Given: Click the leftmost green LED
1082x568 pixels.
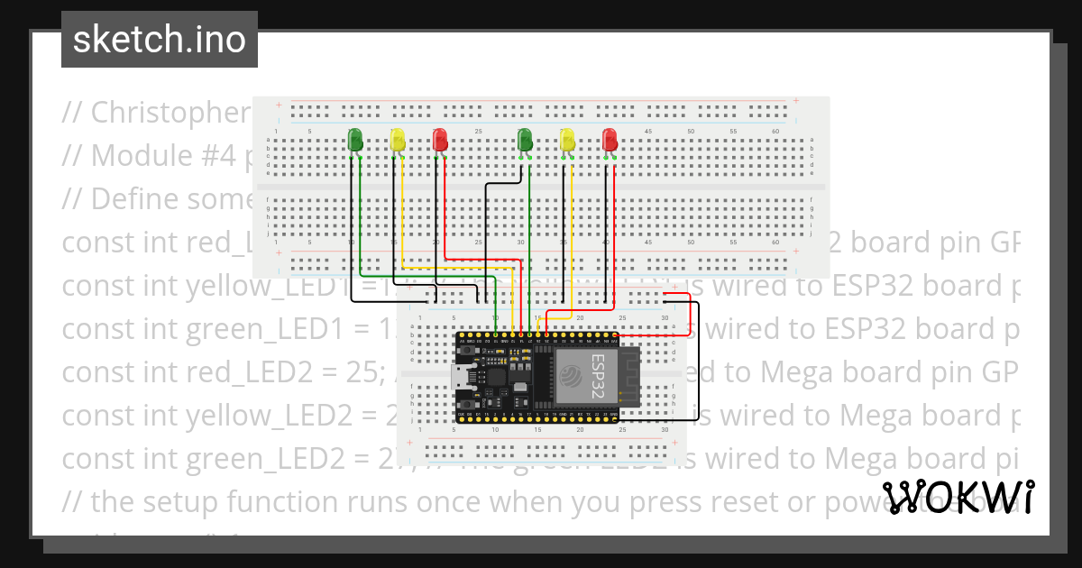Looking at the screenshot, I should (355, 140).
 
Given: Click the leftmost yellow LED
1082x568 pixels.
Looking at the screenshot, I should (398, 140).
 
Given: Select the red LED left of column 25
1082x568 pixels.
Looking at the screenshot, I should (440, 140).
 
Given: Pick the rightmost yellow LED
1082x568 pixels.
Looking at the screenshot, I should (567, 140).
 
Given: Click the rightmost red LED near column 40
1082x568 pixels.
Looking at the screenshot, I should (610, 140).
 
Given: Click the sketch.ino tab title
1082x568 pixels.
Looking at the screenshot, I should (160, 40).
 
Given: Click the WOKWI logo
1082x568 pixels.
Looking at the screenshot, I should (958, 497).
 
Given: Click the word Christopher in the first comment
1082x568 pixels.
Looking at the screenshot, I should (170, 113).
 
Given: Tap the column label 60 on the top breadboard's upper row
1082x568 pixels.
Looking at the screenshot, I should (775, 132).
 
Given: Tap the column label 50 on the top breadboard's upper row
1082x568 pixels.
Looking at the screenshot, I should (691, 132).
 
